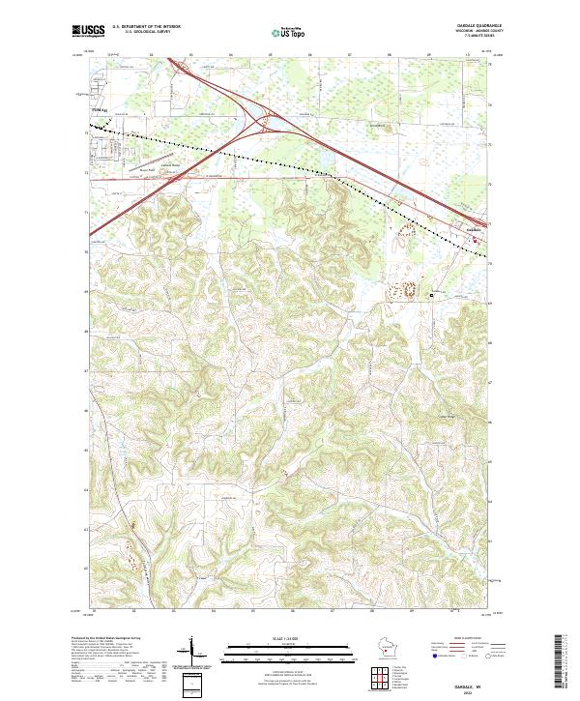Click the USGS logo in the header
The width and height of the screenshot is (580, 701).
88,31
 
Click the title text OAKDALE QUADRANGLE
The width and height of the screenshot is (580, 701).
469,26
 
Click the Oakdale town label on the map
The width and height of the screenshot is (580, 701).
473,228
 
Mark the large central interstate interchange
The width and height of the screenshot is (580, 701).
266,123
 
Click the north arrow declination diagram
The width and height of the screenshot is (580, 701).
191,648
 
